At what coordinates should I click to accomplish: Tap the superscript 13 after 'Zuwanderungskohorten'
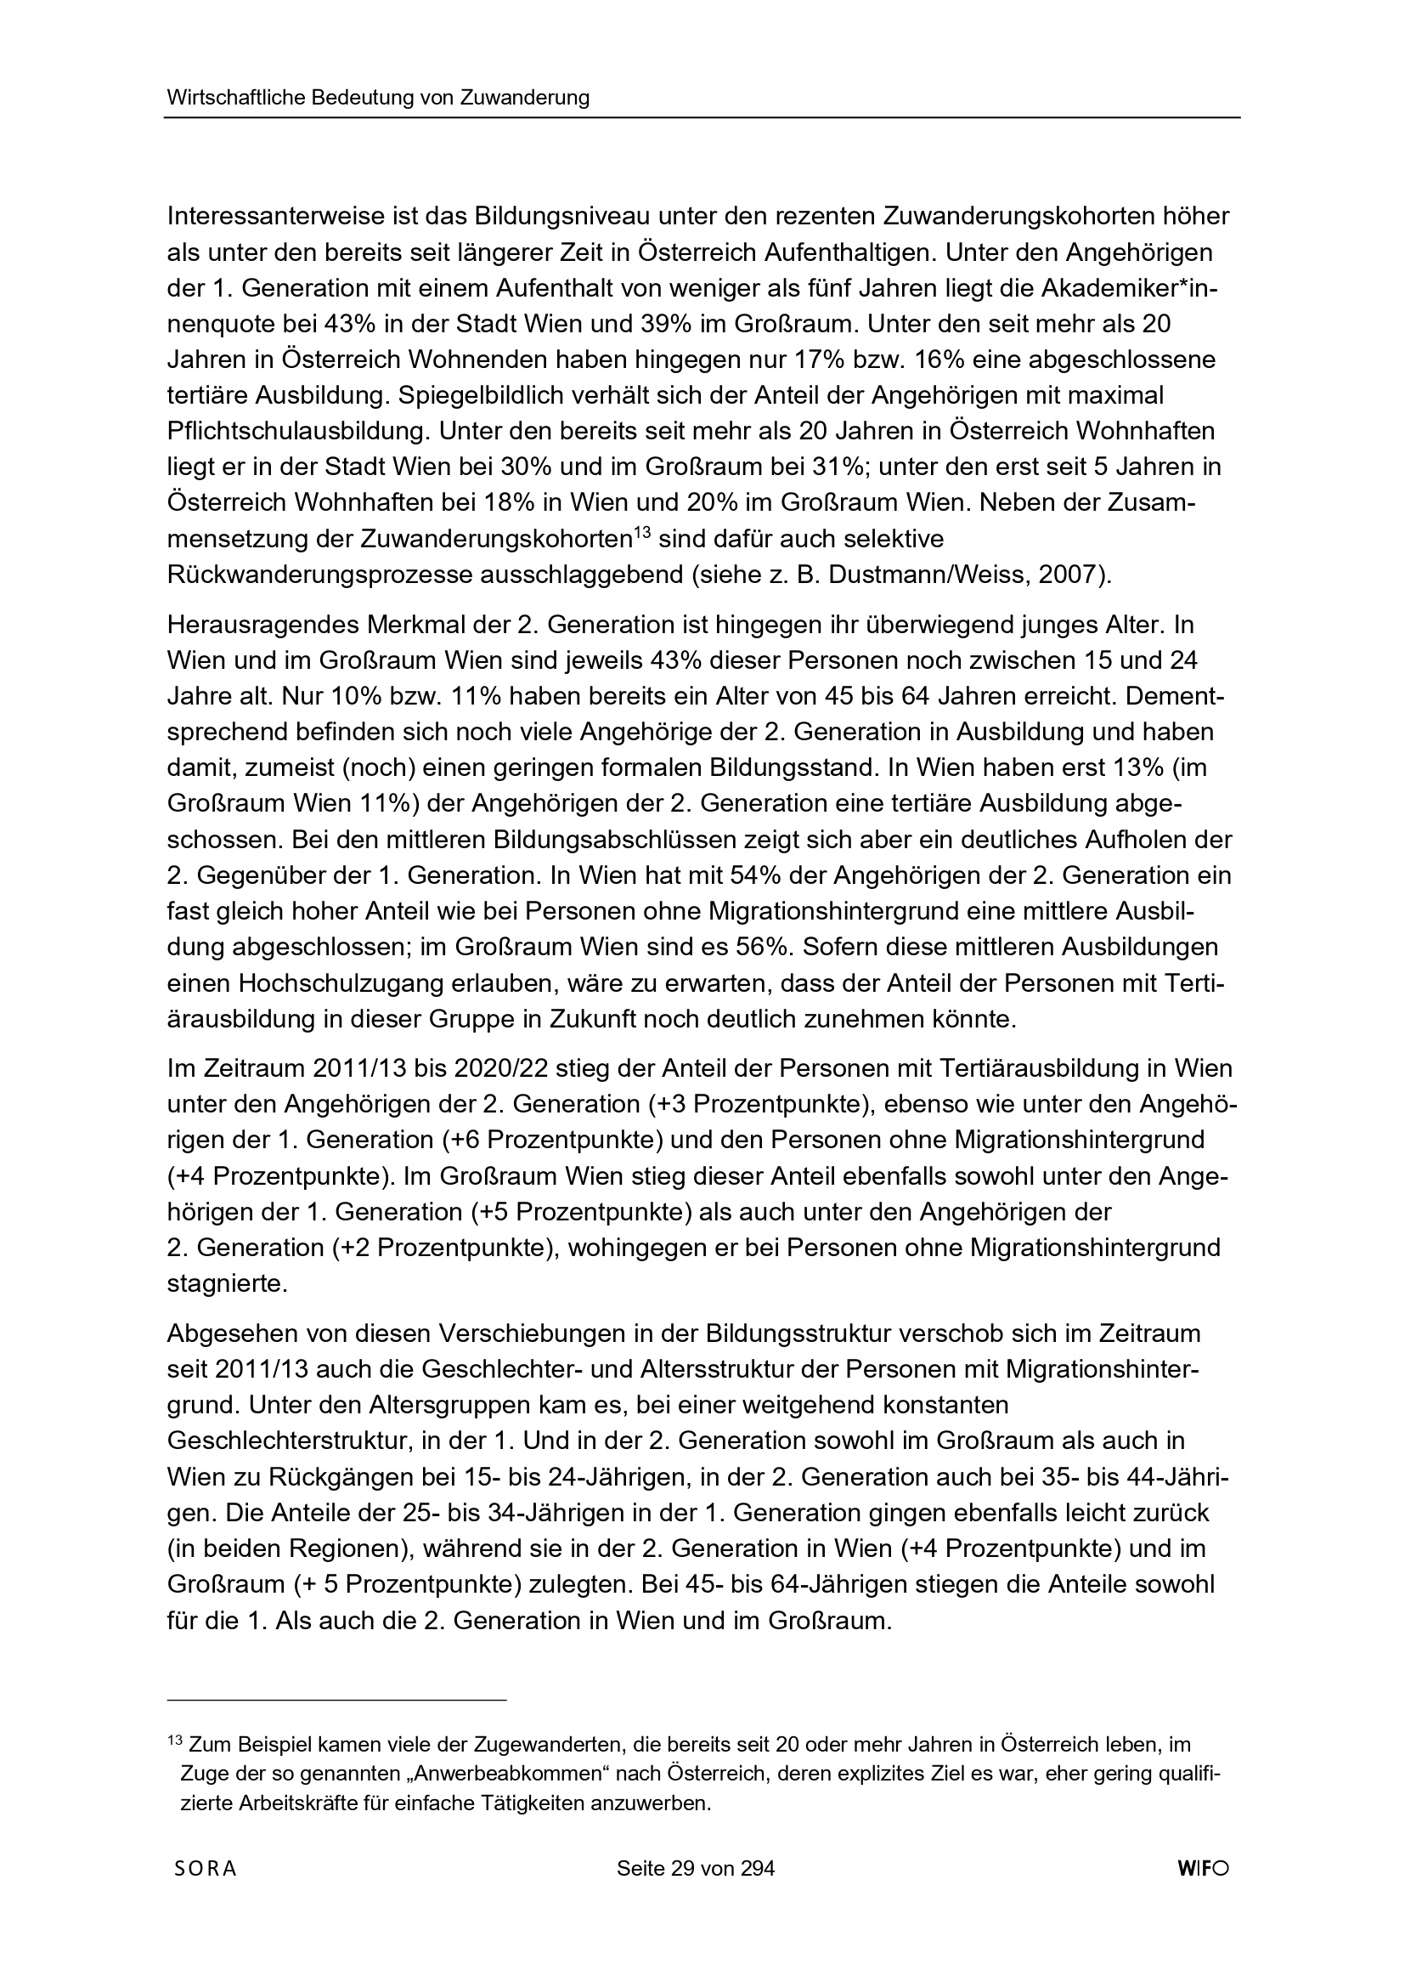[641, 532]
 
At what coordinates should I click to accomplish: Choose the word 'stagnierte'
[227, 1283]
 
